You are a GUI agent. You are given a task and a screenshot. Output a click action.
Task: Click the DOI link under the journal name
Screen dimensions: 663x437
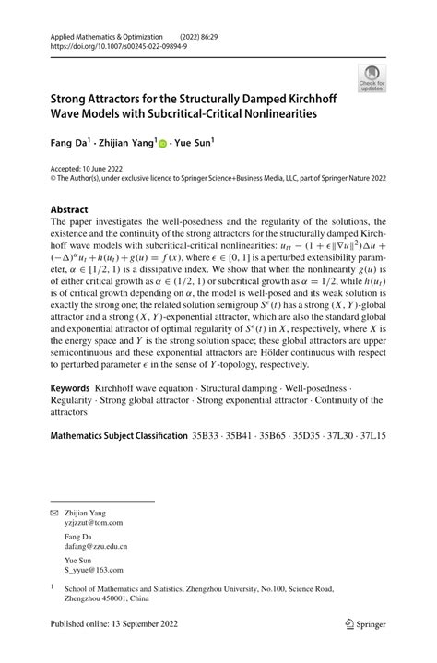[110, 43]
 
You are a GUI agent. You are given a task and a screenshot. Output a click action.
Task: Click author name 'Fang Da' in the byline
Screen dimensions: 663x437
[69, 143]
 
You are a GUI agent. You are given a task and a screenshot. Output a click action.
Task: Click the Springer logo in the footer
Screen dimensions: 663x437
[360, 647]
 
